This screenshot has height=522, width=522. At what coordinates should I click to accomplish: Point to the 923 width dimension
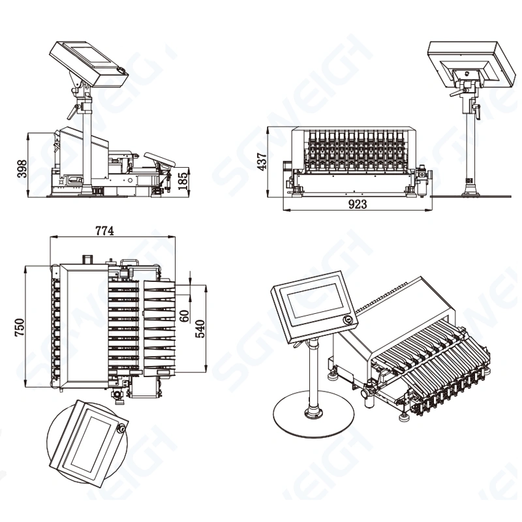tap(357, 204)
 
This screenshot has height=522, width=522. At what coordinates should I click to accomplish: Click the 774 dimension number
tap(105, 230)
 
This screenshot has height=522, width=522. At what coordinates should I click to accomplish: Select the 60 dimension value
tap(184, 316)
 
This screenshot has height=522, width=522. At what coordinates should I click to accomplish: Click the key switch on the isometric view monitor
tap(350, 320)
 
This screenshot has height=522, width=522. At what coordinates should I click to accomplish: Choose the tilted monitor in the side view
tap(88, 62)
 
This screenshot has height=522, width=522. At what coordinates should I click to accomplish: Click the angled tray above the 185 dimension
tap(160, 159)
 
